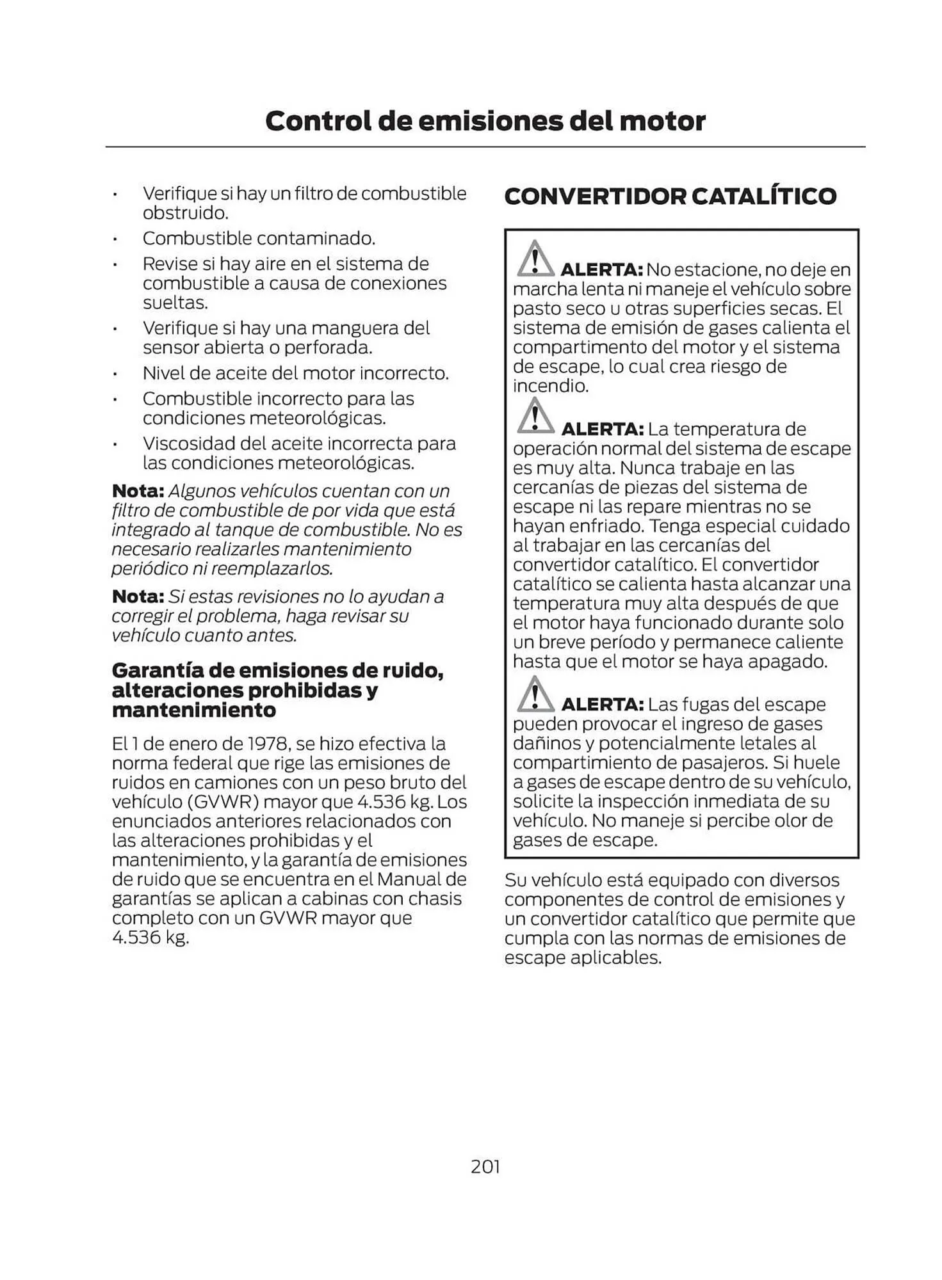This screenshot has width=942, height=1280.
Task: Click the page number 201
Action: (485, 1166)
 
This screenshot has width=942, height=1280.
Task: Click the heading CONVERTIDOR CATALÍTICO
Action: (670, 196)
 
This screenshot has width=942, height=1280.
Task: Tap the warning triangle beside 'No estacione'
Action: (535, 259)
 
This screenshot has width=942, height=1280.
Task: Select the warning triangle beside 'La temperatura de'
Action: (535, 417)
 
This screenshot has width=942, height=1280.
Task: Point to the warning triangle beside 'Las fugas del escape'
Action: (535, 694)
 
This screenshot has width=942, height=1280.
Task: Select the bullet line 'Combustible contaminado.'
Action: (259, 238)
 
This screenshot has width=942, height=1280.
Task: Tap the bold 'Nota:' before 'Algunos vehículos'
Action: (138, 491)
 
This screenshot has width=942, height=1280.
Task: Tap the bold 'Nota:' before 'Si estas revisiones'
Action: (138, 596)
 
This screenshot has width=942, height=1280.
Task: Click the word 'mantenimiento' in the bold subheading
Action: (193, 710)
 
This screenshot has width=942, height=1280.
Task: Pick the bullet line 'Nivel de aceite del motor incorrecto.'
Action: (295, 373)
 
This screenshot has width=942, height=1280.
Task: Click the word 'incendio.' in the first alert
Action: (550, 386)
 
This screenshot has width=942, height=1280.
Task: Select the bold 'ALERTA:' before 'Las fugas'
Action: (602, 705)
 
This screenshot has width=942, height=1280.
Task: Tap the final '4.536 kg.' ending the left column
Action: (150, 938)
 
